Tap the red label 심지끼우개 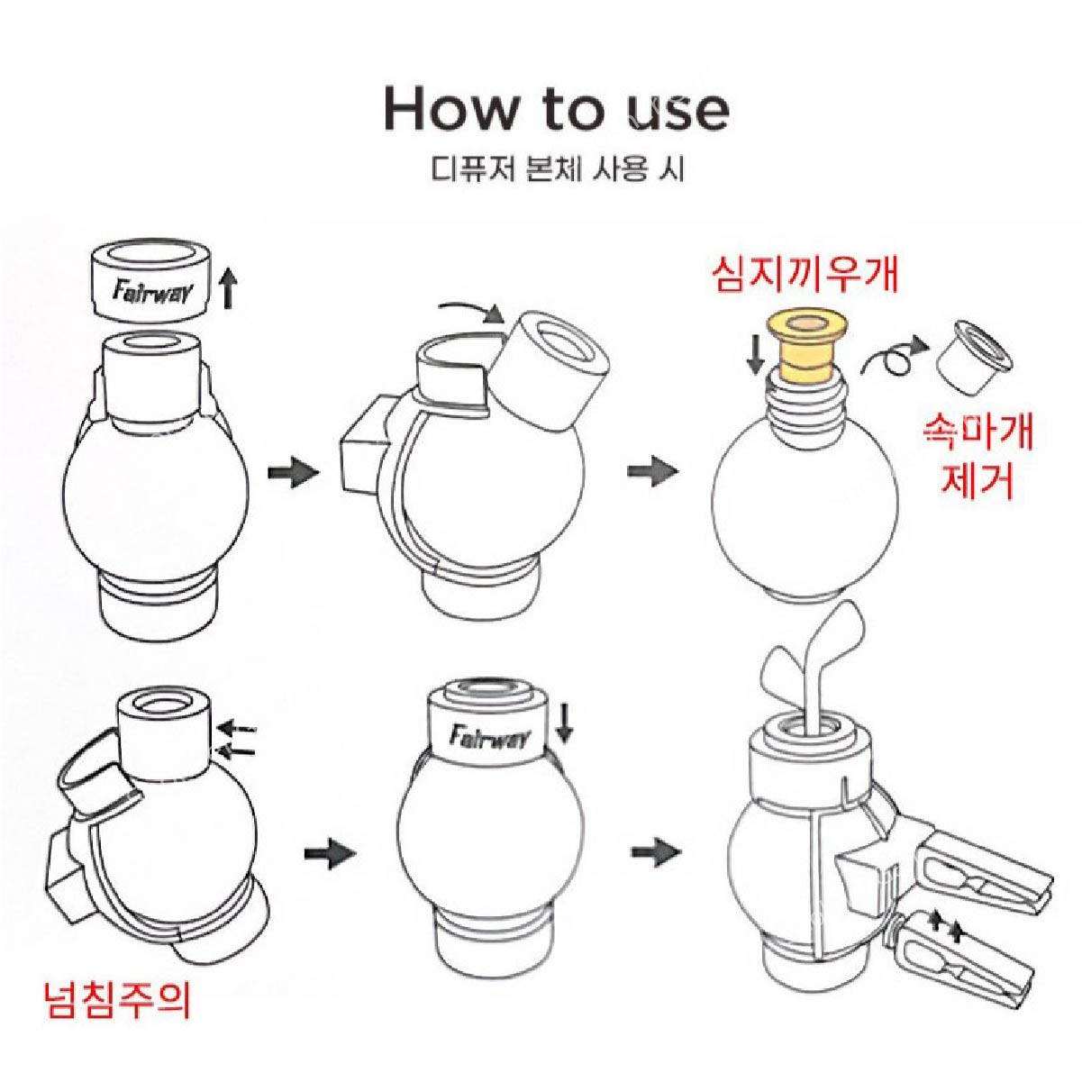pyautogui.click(x=805, y=275)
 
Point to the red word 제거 pyautogui.click(x=977, y=482)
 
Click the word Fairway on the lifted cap pyautogui.click(x=150, y=292)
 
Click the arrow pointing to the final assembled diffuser pyautogui.click(x=654, y=850)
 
